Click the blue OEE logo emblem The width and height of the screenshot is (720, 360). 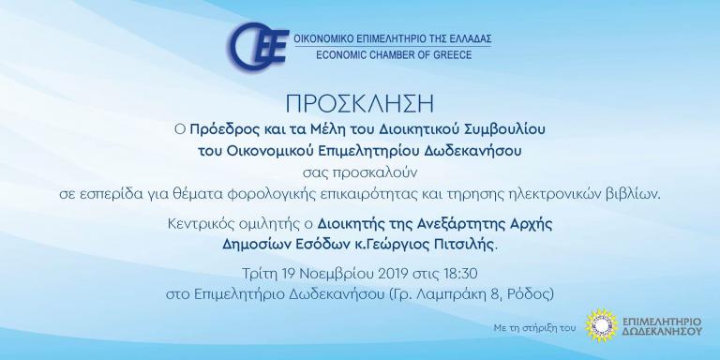[258, 46]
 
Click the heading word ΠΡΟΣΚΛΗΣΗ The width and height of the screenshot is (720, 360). [360, 104]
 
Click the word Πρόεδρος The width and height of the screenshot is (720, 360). [218, 130]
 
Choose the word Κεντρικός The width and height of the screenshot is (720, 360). [198, 225]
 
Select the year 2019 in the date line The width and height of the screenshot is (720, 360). [394, 274]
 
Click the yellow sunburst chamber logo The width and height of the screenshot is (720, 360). [602, 325]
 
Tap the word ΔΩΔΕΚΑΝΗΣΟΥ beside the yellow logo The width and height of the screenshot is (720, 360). [662, 331]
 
